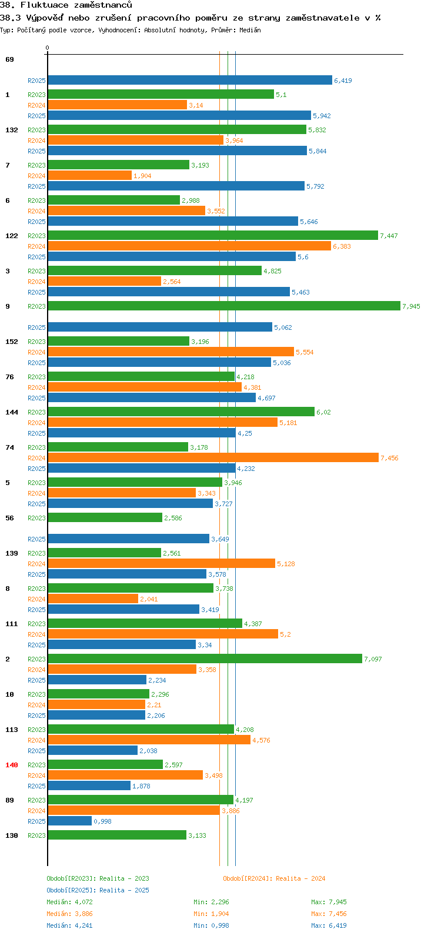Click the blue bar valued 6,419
pos(190,80)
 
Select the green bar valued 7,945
pos(223,306)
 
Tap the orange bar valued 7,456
pos(213,458)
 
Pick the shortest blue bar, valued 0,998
pos(69,821)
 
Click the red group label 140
pos(12,765)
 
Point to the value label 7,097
pos(373,659)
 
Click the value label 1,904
pos(142,176)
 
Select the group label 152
pos(12,342)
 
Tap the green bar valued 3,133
pos(117,835)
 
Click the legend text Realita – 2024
pos(300,878)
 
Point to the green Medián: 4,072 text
pos(69,902)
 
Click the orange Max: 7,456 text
pos(329,914)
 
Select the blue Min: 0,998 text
pos(211,925)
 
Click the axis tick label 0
pos(47,48)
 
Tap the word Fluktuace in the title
pos(44,5)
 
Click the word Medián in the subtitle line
pos(250,30)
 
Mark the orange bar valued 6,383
pos(189,246)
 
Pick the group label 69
pos(9,59)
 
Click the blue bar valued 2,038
pos(92,750)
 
